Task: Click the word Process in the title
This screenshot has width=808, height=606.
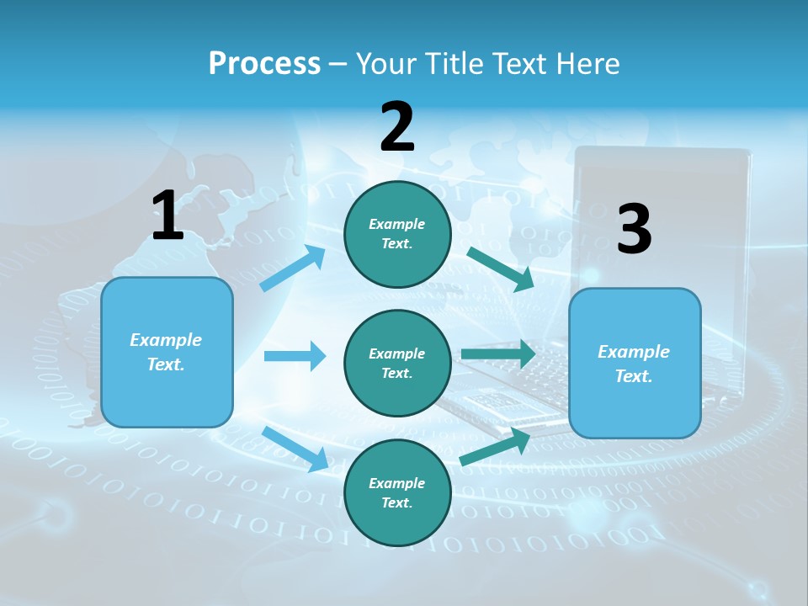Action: pos(264,64)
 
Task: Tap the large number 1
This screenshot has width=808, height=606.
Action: pos(167,215)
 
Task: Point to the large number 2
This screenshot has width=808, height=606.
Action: pos(397,127)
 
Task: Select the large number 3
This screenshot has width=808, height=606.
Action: pos(634,229)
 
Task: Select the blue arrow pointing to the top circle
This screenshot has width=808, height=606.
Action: pos(293,268)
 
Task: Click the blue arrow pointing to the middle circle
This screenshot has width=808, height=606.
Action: pos(295,356)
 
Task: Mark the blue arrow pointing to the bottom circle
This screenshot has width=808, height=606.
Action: pos(295,448)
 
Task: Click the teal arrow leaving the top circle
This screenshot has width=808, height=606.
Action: pos(501,268)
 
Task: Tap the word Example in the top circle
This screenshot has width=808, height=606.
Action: pos(397,225)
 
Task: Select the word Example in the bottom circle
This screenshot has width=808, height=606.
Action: pos(397,484)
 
